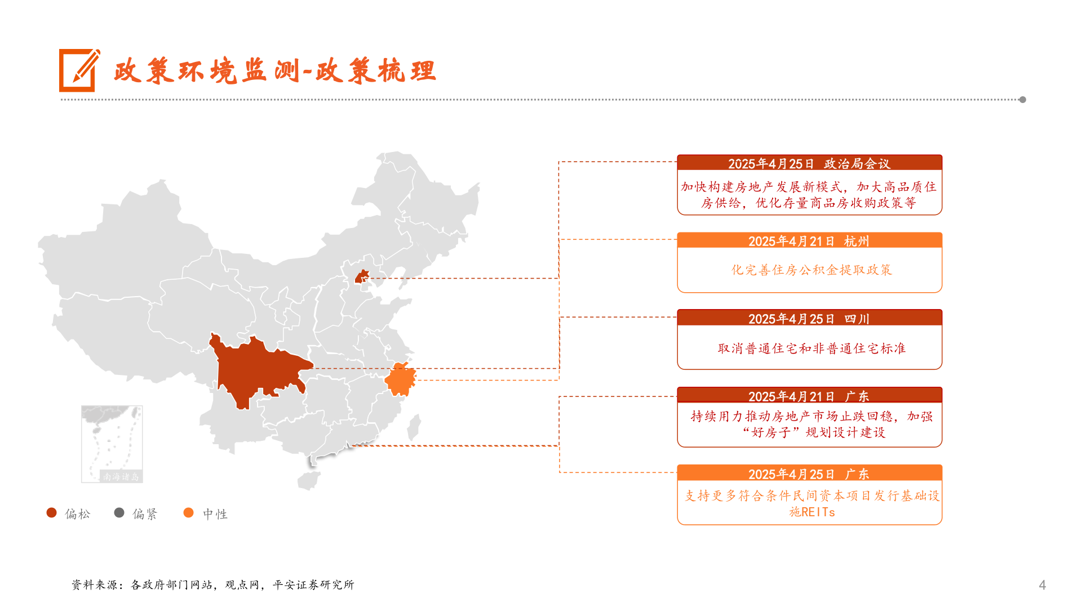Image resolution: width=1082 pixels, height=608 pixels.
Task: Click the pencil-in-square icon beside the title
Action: click(79, 70)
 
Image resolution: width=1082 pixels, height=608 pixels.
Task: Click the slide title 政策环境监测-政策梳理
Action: click(274, 71)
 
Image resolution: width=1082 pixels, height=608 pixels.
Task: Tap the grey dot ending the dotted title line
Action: click(1022, 100)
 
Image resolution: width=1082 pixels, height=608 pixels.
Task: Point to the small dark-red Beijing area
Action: click(361, 276)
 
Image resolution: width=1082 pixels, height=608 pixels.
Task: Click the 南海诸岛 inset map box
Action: click(112, 444)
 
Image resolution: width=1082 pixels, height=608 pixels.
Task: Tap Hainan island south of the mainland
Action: click(308, 480)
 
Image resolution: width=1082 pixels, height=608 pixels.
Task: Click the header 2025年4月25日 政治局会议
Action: click(809, 163)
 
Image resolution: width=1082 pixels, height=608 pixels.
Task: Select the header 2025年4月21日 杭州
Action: click(809, 241)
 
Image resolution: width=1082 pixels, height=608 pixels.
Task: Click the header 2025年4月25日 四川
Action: click(809, 319)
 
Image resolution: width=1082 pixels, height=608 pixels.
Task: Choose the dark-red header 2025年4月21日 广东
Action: click(809, 396)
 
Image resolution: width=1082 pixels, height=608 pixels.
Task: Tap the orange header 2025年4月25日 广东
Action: click(809, 474)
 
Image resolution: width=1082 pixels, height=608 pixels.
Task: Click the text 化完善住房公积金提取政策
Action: click(812, 270)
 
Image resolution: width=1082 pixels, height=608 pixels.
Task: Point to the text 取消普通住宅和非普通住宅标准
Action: click(812, 348)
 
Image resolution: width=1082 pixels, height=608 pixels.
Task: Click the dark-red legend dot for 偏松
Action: click(52, 513)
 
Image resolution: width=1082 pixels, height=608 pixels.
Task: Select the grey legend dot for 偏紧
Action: click(119, 513)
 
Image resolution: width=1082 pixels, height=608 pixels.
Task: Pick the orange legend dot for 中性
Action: click(189, 513)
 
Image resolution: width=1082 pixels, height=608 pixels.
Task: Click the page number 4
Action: click(1042, 585)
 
